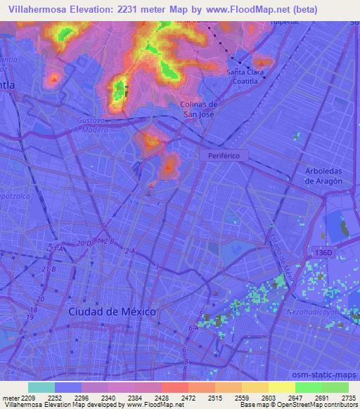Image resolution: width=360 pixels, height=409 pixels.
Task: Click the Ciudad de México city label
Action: (x=112, y=311)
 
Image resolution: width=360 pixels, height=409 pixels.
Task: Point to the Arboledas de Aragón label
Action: (x=323, y=176)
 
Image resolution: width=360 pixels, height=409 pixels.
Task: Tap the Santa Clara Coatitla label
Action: (x=245, y=76)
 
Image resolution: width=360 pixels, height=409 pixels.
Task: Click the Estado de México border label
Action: (x=281, y=254)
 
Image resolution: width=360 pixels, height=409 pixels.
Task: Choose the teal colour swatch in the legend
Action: (x=41, y=387)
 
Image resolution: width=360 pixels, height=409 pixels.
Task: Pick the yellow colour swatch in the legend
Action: (x=281, y=387)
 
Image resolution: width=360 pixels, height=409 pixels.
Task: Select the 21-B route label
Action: (x=49, y=269)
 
